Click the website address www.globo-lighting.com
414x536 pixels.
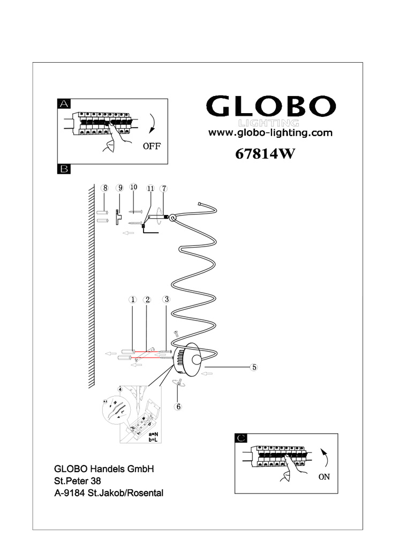pos(270,133)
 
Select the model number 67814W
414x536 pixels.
pos(265,154)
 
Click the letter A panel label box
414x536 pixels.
pos(64,104)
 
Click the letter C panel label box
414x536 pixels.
pos(241,438)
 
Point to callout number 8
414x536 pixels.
pos(105,188)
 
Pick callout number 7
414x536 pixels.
pos(164,188)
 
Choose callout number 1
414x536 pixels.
pos(132,300)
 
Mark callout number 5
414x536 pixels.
pos(255,368)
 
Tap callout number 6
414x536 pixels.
pos(178,406)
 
